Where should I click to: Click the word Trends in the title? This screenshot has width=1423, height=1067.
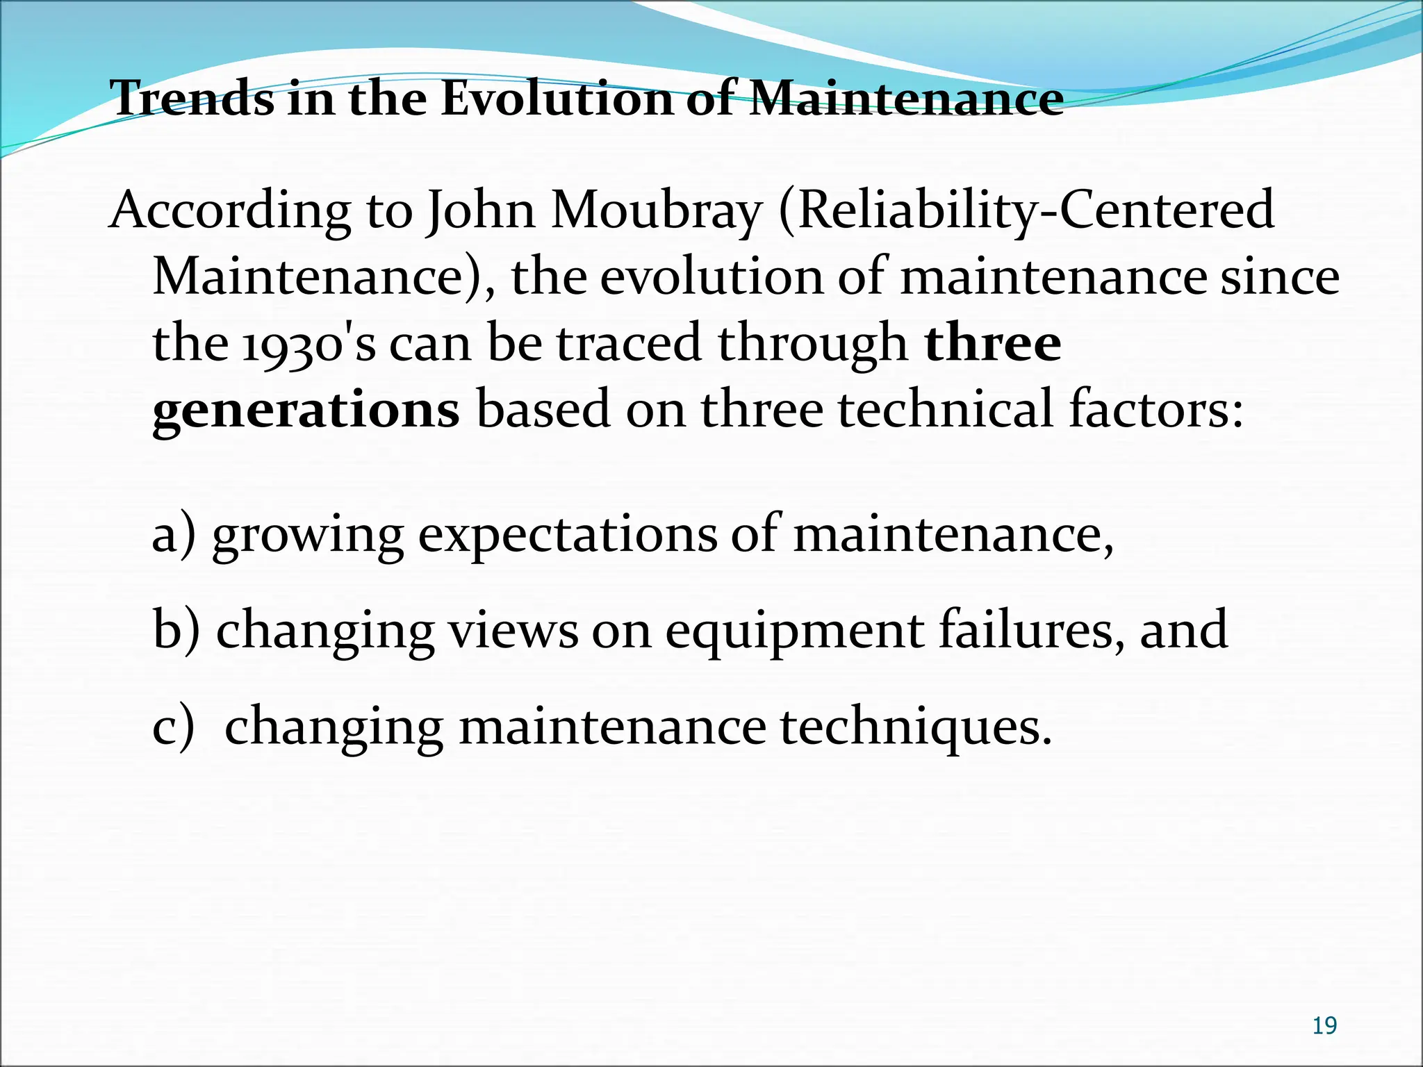click(192, 99)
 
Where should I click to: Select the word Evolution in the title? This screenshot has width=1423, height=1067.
click(557, 99)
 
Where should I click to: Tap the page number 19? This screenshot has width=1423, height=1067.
click(1324, 1025)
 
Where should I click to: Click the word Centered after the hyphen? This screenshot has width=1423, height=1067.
click(1167, 210)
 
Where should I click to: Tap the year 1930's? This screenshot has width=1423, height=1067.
click(309, 345)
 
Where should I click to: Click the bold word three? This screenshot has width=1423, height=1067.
click(992, 343)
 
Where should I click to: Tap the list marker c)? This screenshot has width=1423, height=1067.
click(174, 727)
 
